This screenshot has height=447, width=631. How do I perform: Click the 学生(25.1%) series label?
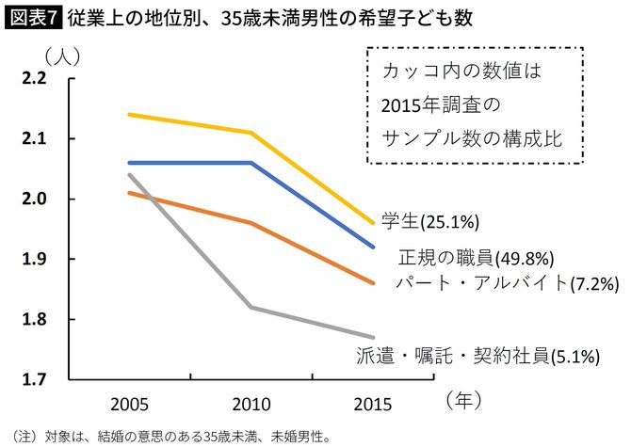click(431, 222)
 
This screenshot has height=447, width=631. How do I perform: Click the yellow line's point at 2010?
click(251, 133)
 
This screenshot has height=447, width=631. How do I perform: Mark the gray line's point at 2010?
click(251, 307)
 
